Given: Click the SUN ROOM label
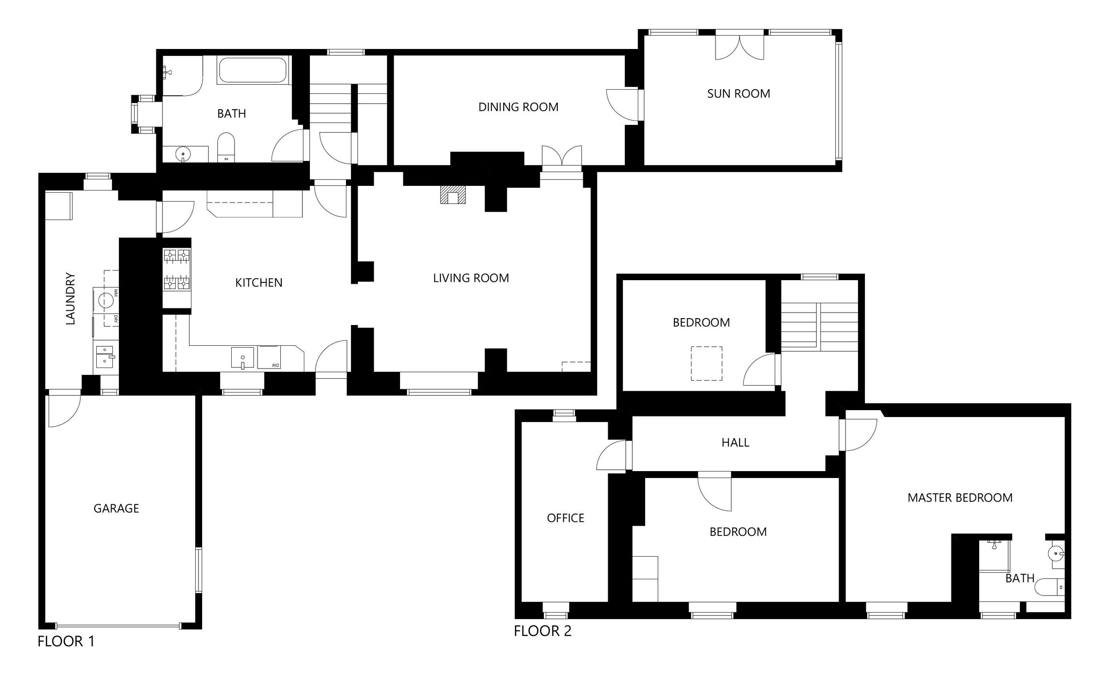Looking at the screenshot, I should pos(739,94).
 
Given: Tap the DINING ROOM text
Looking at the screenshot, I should pos(518,107).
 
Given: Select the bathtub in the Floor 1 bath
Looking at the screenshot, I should pos(253,70).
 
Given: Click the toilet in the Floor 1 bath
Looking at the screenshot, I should pos(226,147).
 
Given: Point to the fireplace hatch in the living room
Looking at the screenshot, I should pos(452,195).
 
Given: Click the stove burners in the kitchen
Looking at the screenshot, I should pos(177,269).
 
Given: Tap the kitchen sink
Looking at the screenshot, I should pos(242,358).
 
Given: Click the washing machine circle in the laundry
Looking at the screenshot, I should pos(106,300).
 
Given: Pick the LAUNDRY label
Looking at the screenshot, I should pos(70,299).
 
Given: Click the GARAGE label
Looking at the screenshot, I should pos(116,509).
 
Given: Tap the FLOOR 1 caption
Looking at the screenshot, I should pos(66,642).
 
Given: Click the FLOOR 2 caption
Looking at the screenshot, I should pos(543,631).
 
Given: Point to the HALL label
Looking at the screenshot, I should pos(735,443).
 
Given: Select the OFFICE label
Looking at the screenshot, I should pos(565,518).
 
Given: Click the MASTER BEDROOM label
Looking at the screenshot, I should pos(960,498).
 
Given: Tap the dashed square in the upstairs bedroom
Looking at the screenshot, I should pos(706,364).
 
